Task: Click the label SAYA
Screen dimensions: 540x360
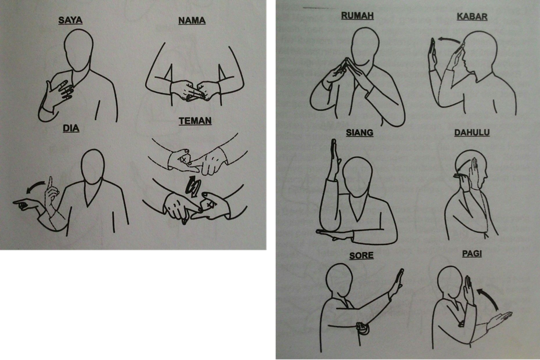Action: click(70, 20)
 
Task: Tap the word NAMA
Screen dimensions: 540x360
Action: click(192, 21)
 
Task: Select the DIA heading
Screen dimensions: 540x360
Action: click(71, 128)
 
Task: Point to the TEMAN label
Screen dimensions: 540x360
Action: click(195, 121)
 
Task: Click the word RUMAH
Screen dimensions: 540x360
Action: click(358, 16)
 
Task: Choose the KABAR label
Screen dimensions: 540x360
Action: click(472, 16)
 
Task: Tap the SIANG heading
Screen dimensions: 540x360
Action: click(359, 132)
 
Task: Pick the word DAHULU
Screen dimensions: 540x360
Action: click(472, 132)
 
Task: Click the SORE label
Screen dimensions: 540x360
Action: click(361, 255)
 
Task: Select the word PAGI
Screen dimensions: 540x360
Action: click(472, 254)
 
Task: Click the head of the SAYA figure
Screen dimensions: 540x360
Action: click(79, 50)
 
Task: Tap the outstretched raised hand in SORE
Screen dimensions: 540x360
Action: click(397, 283)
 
